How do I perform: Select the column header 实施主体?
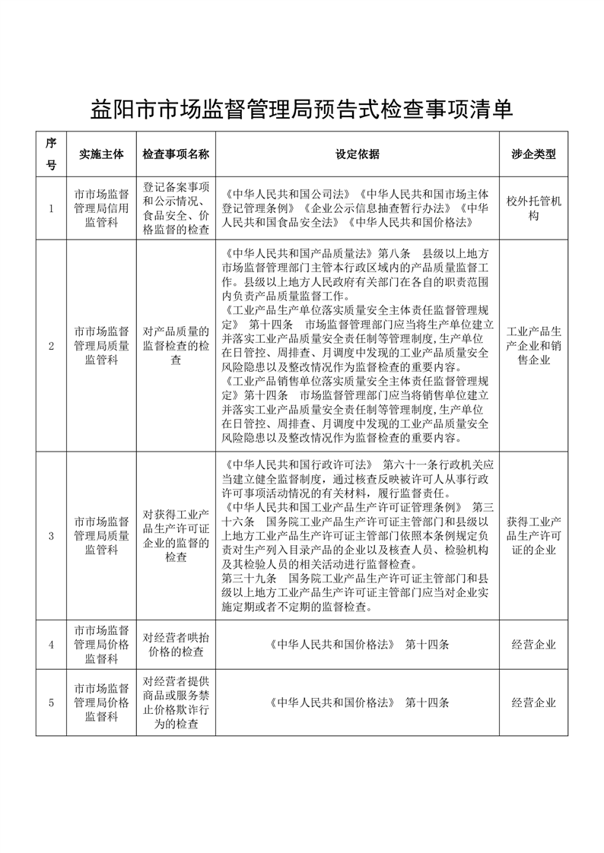click(101, 154)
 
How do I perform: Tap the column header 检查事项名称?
click(176, 154)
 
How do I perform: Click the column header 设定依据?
click(358, 154)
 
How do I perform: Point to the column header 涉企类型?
click(533, 154)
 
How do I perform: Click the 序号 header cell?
click(51, 154)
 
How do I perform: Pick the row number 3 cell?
click(51, 536)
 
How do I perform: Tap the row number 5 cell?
click(51, 702)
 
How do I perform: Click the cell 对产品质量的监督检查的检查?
click(176, 346)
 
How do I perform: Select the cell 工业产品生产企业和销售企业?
click(533, 346)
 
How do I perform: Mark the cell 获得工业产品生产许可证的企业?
click(533, 536)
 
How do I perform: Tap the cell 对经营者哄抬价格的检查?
click(176, 645)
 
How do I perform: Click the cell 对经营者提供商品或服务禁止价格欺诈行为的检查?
click(176, 702)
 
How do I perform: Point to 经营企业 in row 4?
click(533, 645)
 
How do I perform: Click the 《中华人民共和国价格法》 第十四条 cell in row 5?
click(358, 702)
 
